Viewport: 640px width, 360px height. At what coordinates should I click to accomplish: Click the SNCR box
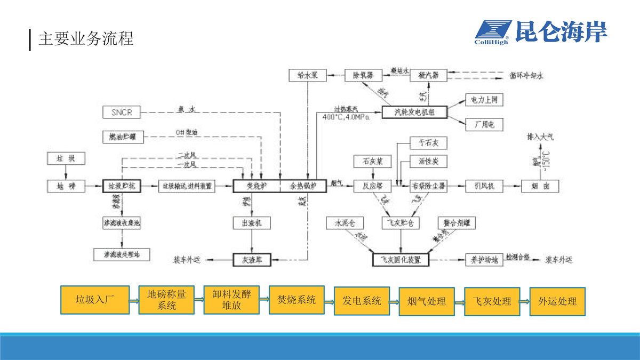click(122, 113)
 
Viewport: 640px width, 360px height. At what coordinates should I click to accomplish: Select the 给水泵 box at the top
click(307, 75)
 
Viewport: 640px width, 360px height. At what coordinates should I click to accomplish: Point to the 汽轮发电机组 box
click(414, 112)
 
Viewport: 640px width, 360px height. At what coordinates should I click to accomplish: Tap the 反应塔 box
click(373, 186)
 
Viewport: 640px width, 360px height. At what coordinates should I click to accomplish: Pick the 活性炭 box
click(428, 161)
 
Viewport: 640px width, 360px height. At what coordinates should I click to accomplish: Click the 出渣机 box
click(252, 223)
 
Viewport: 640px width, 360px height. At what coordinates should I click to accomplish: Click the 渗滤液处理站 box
click(122, 254)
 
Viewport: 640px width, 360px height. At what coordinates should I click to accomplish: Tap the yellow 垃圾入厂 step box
click(95, 300)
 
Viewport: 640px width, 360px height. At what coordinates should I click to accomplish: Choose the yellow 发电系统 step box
click(362, 301)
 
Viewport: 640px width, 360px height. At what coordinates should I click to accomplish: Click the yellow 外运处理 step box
click(557, 301)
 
